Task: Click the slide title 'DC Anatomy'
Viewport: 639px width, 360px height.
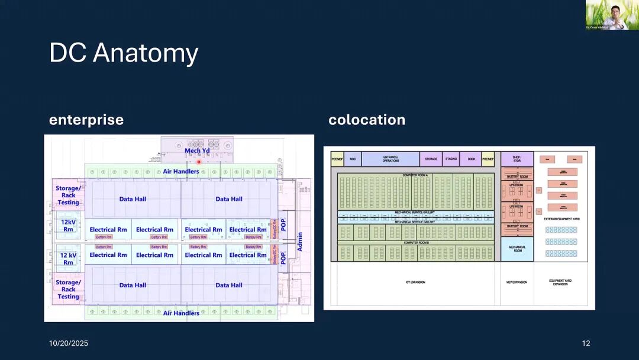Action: pos(124,53)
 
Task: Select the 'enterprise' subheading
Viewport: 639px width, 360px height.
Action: pos(86,120)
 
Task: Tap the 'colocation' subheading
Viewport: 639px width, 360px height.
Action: pos(367,120)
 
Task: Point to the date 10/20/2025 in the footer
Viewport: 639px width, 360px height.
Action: pos(69,343)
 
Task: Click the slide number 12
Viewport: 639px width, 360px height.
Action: pos(586,343)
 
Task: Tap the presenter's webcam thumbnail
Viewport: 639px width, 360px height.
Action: pos(612,15)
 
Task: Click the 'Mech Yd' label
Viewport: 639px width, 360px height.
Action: pos(197,150)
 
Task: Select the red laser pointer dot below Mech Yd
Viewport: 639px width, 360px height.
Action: pos(199,162)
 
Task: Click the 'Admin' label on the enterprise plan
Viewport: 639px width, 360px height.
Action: pos(300,242)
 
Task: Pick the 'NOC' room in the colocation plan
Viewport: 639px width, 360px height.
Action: pos(353,159)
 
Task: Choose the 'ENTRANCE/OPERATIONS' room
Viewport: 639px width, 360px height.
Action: pos(390,159)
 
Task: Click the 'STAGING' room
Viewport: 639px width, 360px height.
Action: pos(451,159)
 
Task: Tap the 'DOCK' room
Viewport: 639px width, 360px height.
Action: pos(471,159)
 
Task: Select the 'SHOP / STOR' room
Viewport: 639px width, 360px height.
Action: pos(517,159)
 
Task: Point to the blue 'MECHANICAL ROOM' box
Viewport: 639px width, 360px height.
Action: pos(517,249)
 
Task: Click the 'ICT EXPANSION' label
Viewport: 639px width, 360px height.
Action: pos(415,282)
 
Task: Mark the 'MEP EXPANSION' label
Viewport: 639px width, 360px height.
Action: pos(517,282)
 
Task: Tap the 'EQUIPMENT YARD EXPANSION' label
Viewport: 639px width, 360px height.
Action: pos(560,282)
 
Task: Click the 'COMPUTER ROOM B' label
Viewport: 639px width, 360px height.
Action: pos(415,243)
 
